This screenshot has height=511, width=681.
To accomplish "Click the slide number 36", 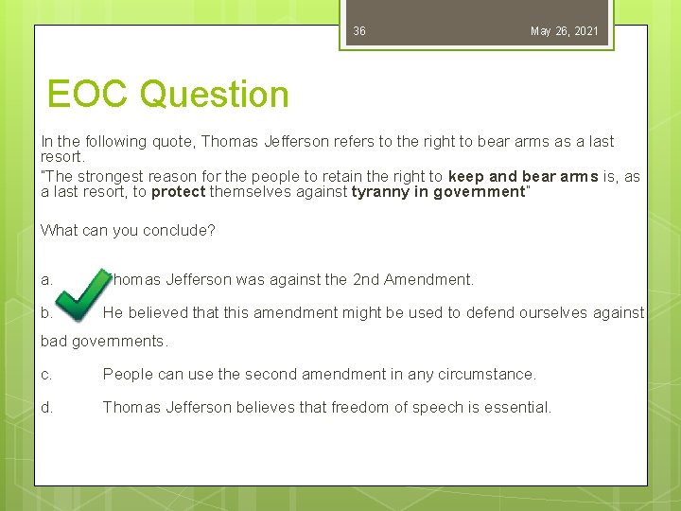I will pyautogui.click(x=359, y=31).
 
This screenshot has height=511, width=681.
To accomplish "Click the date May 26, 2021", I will pyautogui.click(x=564, y=31).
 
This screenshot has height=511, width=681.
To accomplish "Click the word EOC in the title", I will pyautogui.click(x=90, y=95).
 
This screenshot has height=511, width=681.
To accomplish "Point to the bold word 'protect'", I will pyautogui.click(x=178, y=191).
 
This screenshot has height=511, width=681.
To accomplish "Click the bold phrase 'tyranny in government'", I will pyautogui.click(x=438, y=191).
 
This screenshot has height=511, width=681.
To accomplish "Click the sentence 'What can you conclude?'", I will pyautogui.click(x=128, y=230).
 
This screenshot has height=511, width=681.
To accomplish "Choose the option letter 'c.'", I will pyautogui.click(x=47, y=374).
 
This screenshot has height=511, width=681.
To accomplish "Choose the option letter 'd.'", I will pyautogui.click(x=47, y=407).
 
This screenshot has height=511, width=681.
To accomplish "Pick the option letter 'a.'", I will pyautogui.click(x=47, y=279).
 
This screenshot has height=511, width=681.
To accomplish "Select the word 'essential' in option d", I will pyautogui.click(x=517, y=407).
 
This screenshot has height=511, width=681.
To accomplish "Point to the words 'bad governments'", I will pyautogui.click(x=103, y=341).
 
